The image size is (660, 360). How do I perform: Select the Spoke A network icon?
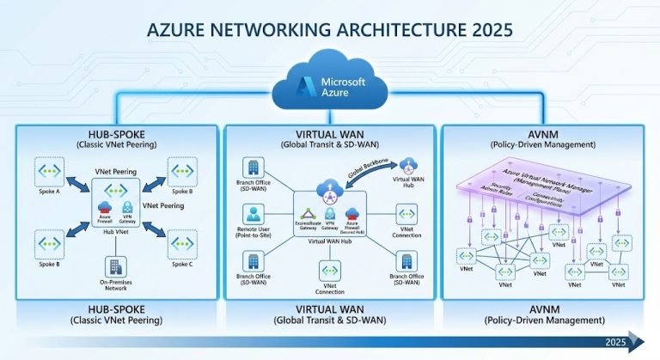click(x=51, y=172)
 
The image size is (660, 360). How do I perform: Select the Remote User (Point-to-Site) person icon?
click(x=254, y=213)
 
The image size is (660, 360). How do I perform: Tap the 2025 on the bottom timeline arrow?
click(x=614, y=341)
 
